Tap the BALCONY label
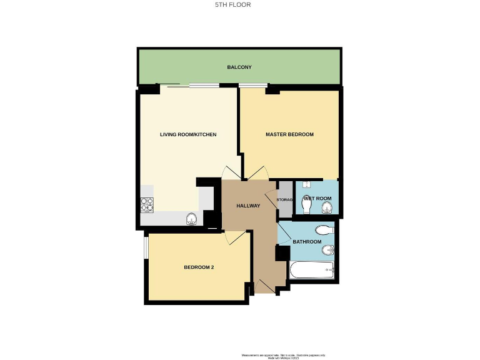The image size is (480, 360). [239, 67]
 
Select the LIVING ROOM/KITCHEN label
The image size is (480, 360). [188, 134]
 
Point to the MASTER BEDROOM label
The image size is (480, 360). [289, 134]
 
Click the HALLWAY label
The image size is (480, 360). [248, 206]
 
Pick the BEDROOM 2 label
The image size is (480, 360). [199, 267]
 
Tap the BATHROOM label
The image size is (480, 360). [307, 242]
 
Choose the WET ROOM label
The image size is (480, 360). [317, 199]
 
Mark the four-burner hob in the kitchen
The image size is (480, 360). [147, 204]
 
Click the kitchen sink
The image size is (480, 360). [192, 219]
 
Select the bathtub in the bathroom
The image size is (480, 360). [312, 271]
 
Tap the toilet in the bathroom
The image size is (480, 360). [326, 229]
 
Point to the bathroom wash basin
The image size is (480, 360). [327, 251]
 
